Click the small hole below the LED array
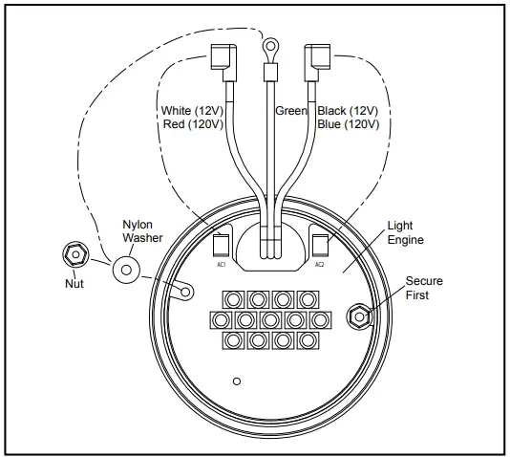[x=236, y=381]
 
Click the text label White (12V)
[x=194, y=111]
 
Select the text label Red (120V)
[x=194, y=125]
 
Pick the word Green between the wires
[x=291, y=111]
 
